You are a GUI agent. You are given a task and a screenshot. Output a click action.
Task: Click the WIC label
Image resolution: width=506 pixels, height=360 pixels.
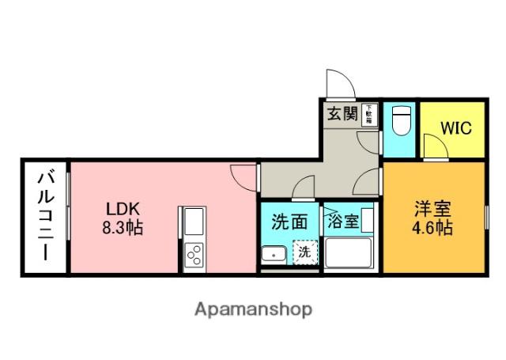pos(456,127)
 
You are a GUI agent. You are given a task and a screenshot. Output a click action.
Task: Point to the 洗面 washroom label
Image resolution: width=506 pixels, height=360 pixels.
pos(290,222)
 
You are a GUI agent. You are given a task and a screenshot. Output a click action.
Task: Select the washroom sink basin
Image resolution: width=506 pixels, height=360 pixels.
pos(273,255)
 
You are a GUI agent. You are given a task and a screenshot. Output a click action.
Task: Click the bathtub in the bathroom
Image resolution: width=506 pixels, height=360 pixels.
pos(349,254)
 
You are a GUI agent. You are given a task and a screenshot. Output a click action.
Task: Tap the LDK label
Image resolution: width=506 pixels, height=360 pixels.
pos(124,210)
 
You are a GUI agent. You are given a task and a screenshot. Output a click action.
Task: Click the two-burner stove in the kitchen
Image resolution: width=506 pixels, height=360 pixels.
pos(193,254)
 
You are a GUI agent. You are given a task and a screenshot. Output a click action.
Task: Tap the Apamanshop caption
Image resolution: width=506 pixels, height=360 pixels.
pos(253,308)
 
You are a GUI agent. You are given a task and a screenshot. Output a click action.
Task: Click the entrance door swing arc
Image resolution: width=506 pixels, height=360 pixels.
pos(338,83)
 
